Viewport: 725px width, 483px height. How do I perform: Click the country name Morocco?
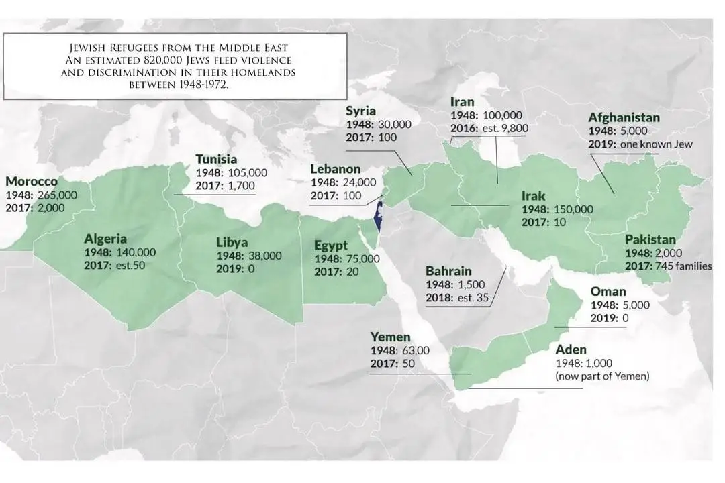coord(32,182)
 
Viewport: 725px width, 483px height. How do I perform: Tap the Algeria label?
coord(105,239)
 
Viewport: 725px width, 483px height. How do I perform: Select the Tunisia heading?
coord(216,160)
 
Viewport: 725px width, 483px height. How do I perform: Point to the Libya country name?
coord(232,242)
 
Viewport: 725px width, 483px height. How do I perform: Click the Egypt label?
coord(331,246)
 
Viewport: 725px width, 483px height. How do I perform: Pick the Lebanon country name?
coord(335,169)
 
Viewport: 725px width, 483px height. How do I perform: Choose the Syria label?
coord(360,111)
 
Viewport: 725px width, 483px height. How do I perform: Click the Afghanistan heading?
coord(624,117)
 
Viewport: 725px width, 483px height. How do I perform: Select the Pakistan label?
coord(650,239)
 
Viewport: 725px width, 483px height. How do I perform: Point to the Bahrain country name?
coord(448,271)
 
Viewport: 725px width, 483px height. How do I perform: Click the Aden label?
coord(571,350)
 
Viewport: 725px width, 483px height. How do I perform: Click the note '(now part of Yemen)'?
coord(602,376)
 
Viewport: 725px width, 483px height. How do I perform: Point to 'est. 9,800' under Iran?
coord(501,129)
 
